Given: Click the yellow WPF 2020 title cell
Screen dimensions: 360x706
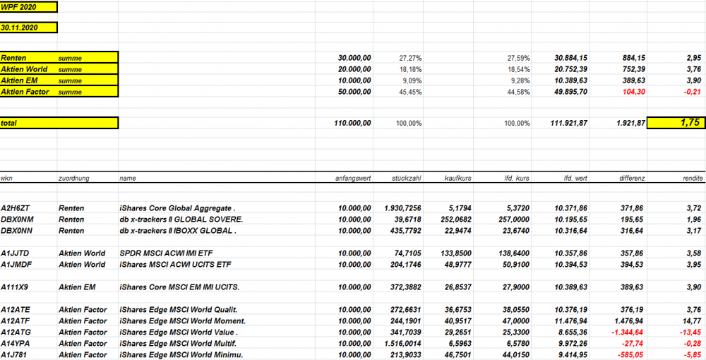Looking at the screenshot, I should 28,7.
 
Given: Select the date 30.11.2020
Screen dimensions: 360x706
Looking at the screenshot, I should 28,28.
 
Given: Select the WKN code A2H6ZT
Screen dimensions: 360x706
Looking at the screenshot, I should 15,208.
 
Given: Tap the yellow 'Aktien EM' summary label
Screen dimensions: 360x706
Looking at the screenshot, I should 24,80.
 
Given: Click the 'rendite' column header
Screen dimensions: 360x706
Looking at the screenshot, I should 688,179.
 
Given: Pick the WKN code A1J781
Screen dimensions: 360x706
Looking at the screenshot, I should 14,354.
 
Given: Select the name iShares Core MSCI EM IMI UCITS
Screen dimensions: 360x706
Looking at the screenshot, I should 179,287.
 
